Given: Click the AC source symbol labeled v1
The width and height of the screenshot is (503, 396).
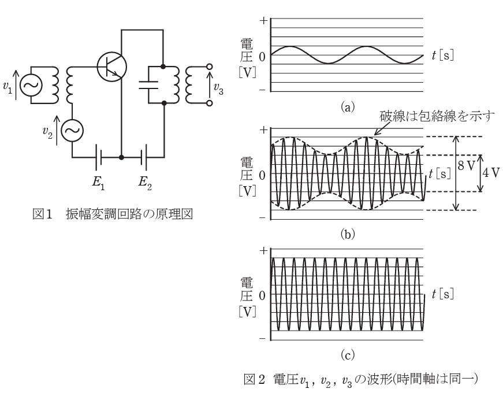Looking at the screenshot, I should click(x=29, y=86).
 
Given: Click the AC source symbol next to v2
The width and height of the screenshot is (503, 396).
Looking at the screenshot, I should click(x=72, y=132).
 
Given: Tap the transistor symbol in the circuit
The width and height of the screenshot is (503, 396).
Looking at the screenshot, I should click(x=111, y=66).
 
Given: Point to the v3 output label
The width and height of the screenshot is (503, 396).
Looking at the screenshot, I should click(x=218, y=88).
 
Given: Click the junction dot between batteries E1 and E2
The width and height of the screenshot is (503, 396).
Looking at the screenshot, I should click(x=121, y=157).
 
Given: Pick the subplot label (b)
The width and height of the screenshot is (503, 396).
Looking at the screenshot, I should click(x=348, y=236).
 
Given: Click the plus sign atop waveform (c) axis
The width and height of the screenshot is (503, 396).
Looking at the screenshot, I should click(x=264, y=251).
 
